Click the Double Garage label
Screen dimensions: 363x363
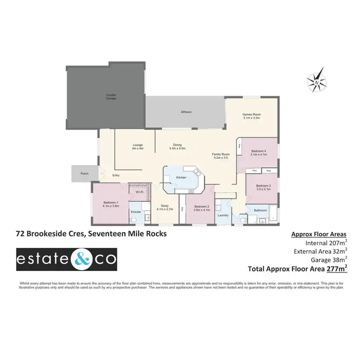[x=111, y=97]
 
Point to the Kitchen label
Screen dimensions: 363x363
[x=181, y=178]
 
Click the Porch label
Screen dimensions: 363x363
[x=84, y=173]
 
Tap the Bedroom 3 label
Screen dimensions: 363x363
[x=263, y=186]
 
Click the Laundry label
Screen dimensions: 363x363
[x=223, y=215]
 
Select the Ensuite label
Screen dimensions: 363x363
[x=136, y=212]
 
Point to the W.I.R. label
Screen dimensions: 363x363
[x=140, y=192]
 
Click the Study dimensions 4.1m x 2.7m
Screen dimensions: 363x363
[x=164, y=209]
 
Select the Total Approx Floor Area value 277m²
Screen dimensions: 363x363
[x=338, y=267]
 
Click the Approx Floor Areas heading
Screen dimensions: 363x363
[x=319, y=234]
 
